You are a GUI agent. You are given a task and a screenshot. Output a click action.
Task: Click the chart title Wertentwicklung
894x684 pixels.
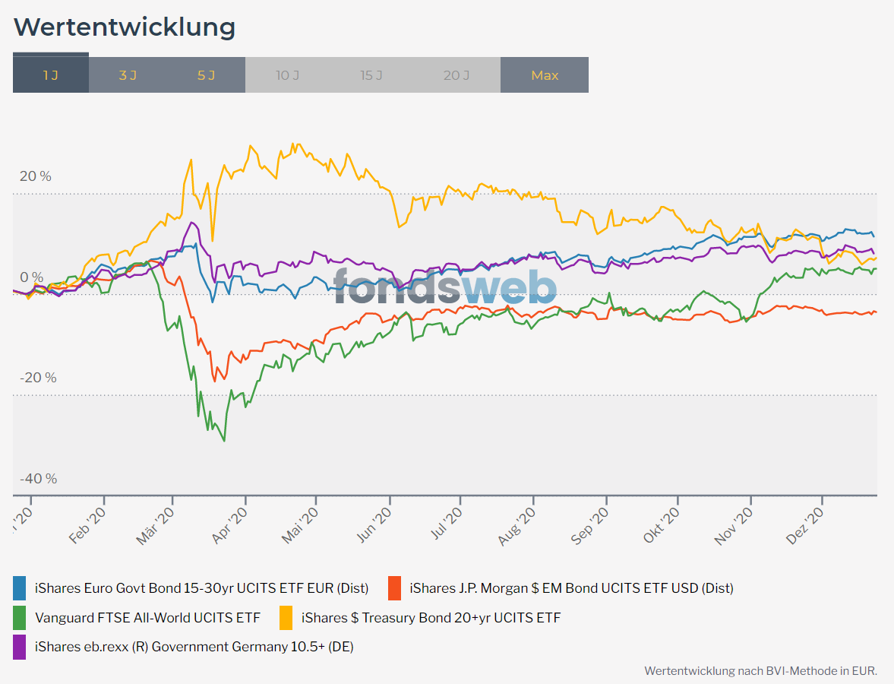pyautogui.click(x=125, y=27)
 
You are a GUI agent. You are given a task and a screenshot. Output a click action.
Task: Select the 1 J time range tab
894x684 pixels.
pyautogui.click(x=50, y=75)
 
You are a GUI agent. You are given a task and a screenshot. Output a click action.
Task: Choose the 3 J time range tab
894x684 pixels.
pyautogui.click(x=128, y=75)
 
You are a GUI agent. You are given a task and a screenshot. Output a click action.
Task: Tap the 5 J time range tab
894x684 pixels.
pyautogui.click(x=206, y=75)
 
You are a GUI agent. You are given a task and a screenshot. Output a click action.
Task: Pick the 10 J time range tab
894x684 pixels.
pyautogui.click(x=287, y=75)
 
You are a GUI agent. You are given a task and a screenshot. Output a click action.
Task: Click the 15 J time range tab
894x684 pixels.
pyautogui.click(x=371, y=75)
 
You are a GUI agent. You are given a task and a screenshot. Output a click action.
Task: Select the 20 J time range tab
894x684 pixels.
pyautogui.click(x=456, y=75)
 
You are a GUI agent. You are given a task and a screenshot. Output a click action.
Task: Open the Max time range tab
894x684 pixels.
pyautogui.click(x=545, y=75)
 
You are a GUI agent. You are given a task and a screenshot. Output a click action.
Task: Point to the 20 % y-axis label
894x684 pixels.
pyautogui.click(x=36, y=176)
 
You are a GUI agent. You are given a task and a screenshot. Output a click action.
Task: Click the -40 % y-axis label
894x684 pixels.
pyautogui.click(x=38, y=479)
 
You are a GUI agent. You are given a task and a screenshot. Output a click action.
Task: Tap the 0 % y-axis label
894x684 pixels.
pyautogui.click(x=31, y=277)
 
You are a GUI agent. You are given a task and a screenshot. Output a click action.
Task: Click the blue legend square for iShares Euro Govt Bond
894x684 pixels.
pyautogui.click(x=20, y=588)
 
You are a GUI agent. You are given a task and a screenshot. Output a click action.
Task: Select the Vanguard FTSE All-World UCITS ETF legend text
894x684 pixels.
pyautogui.click(x=147, y=618)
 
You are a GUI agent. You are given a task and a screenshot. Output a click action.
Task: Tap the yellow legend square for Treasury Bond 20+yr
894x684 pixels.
pyautogui.click(x=286, y=618)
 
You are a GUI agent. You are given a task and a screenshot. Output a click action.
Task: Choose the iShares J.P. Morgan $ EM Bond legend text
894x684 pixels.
pyautogui.click(x=571, y=588)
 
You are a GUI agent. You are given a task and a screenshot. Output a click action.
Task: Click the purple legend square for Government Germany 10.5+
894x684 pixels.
pyautogui.click(x=20, y=648)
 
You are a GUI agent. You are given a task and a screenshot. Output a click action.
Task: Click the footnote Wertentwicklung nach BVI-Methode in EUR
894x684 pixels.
pyautogui.click(x=760, y=671)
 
